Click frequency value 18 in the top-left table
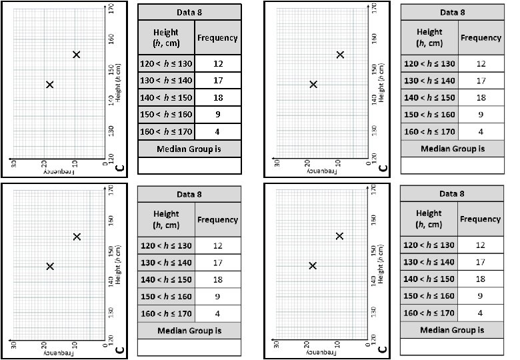pyautogui.click(x=217, y=98)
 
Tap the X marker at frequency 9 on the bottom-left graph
pyautogui.click(x=77, y=236)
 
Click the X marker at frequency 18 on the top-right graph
pyautogui.click(x=313, y=84)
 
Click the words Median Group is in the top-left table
pyautogui.click(x=189, y=149)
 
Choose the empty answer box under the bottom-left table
pyautogui.click(x=189, y=347)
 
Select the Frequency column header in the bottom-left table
pyautogui.click(x=217, y=219)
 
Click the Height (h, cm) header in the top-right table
pyautogui.click(x=429, y=37)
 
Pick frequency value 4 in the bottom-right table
pyautogui.click(x=480, y=313)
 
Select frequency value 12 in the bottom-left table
pyautogui.click(x=217, y=245)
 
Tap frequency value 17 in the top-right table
pyautogui.click(x=480, y=81)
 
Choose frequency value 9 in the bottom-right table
pyautogui.click(x=480, y=296)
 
